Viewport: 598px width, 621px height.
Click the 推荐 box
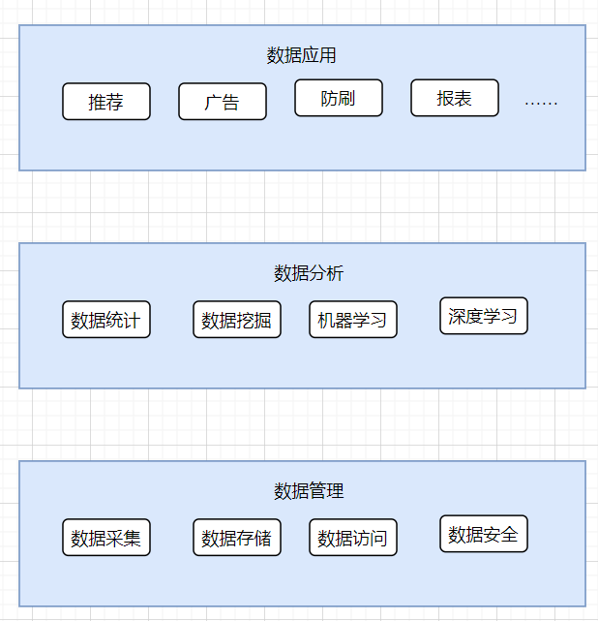[106, 102]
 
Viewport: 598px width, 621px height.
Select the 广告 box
[223, 102]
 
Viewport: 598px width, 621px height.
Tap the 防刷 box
[339, 98]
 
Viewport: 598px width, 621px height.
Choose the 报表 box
[455, 98]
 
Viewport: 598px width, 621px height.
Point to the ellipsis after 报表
[541, 101]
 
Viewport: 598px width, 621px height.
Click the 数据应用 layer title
[302, 55]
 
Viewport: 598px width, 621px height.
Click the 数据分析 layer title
[309, 273]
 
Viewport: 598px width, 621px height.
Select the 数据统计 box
[106, 320]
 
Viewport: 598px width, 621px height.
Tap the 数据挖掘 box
[237, 320]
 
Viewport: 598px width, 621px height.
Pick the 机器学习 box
[353, 320]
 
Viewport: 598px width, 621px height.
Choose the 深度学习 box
[484, 316]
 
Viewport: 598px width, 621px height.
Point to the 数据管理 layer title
[309, 491]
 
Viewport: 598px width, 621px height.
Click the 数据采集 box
[106, 538]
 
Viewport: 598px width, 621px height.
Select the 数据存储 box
[237, 538]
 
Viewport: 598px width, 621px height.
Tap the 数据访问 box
[353, 538]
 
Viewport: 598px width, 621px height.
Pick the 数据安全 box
[484, 534]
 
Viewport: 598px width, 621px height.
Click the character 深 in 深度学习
[458, 316]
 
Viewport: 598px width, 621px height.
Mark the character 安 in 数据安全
[493, 534]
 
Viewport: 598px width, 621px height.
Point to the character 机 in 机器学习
[327, 320]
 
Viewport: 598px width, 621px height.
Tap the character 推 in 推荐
[98, 102]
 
